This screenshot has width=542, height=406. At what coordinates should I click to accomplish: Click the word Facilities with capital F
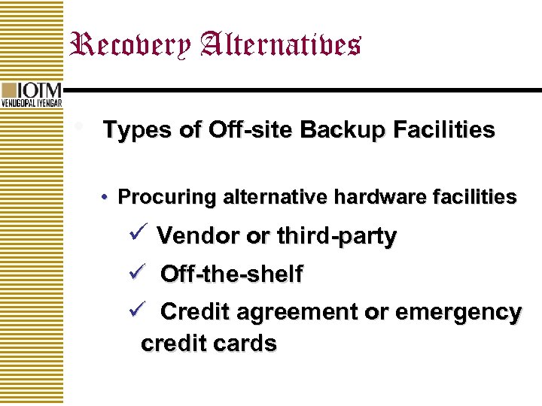(x=443, y=131)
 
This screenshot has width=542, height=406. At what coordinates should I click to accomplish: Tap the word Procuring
(x=167, y=198)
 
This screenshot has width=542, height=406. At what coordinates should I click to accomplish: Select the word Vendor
(x=197, y=237)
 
